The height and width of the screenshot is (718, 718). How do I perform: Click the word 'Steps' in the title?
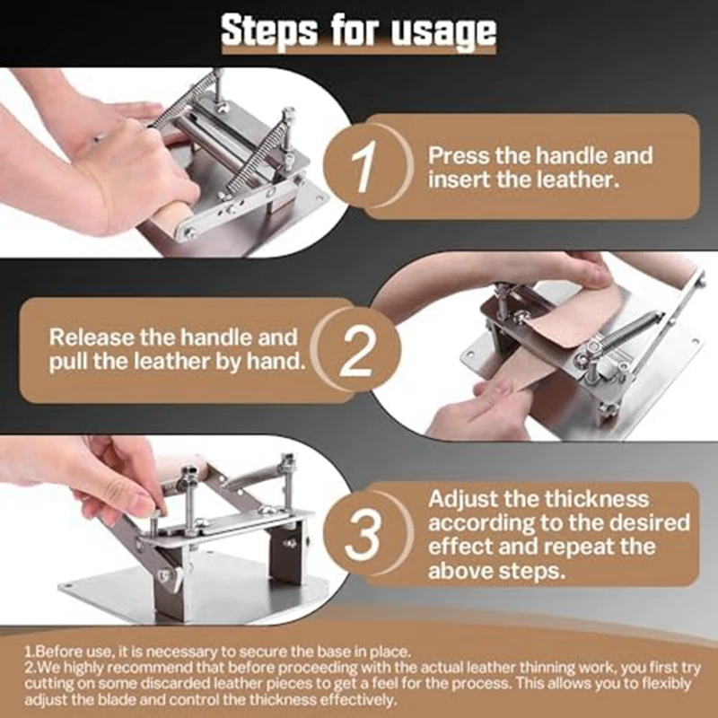pyautogui.click(x=268, y=31)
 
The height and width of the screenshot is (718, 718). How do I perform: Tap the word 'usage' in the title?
pyautogui.click(x=443, y=33)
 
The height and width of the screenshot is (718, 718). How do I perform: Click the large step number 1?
pyautogui.click(x=364, y=166)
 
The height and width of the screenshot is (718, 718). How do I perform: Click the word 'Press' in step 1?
pyautogui.click(x=459, y=155)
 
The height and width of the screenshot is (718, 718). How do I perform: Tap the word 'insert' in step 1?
pyautogui.click(x=460, y=179)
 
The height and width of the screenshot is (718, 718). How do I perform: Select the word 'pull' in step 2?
pyautogui.click(x=68, y=362)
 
